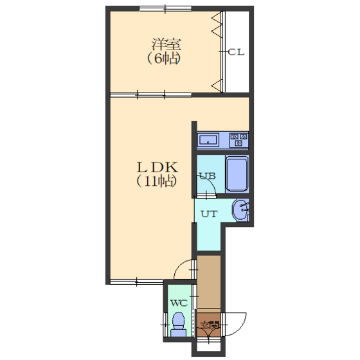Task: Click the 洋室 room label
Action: click(x=166, y=45)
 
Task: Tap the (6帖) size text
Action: click(x=163, y=59)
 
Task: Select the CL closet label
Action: click(x=236, y=52)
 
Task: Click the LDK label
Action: click(x=157, y=167)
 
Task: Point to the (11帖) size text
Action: click(x=157, y=181)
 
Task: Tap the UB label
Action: click(x=208, y=176)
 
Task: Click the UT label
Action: click(x=209, y=214)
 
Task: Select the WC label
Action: click(x=179, y=303)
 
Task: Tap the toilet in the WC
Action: click(x=179, y=324)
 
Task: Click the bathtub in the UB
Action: click(x=237, y=174)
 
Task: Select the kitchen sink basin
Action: click(x=208, y=140)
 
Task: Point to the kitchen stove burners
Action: click(x=239, y=140)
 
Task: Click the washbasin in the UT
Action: click(x=240, y=210)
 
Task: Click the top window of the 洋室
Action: click(x=166, y=9)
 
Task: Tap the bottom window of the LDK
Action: click(x=137, y=282)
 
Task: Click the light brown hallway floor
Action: click(x=209, y=282)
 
